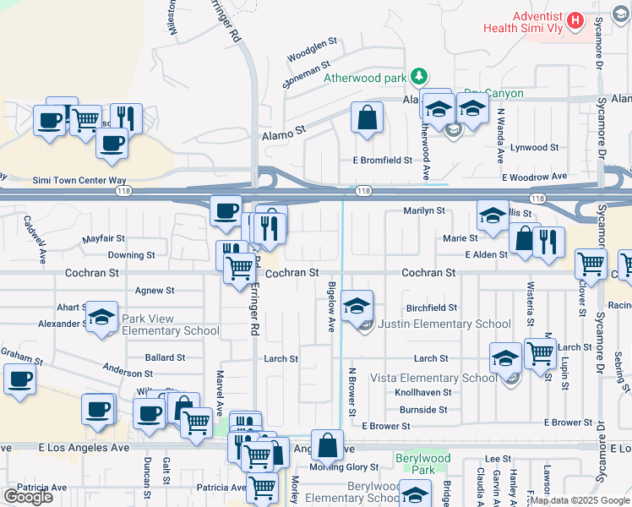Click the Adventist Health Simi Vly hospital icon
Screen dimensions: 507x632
[575, 19]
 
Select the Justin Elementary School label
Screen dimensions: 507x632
[444, 324]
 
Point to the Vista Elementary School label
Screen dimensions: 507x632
[444, 378]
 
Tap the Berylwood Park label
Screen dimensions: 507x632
[422, 464]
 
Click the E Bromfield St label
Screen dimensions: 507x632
[382, 160]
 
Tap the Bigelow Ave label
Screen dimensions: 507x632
[332, 307]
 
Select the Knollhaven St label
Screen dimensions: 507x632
[421, 393]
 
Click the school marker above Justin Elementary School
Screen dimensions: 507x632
[358, 303]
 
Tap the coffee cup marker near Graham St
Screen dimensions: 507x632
[19, 379]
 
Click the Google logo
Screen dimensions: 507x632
[28, 497]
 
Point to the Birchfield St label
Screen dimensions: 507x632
[431, 308]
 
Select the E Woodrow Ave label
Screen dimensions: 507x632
[534, 177]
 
